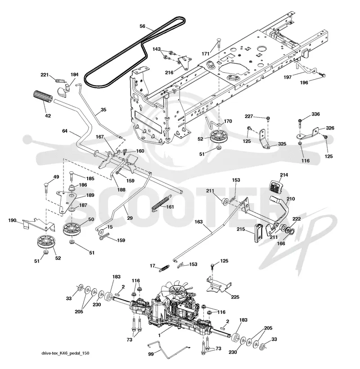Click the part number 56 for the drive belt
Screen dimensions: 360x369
click(x=143, y=26)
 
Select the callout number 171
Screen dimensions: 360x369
click(x=206, y=53)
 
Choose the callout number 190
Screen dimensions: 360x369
click(x=12, y=220)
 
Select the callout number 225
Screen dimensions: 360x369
click(x=235, y=297)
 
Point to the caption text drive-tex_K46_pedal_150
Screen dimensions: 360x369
click(x=65, y=353)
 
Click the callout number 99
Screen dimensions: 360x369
click(x=151, y=354)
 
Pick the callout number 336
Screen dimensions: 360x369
click(x=315, y=114)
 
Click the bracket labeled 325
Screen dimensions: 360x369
click(x=264, y=139)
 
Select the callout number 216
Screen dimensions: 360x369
click(x=169, y=72)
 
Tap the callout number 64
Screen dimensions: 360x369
click(x=65, y=131)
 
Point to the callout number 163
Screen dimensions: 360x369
click(x=198, y=222)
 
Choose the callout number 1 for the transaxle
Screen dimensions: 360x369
click(x=159, y=335)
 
